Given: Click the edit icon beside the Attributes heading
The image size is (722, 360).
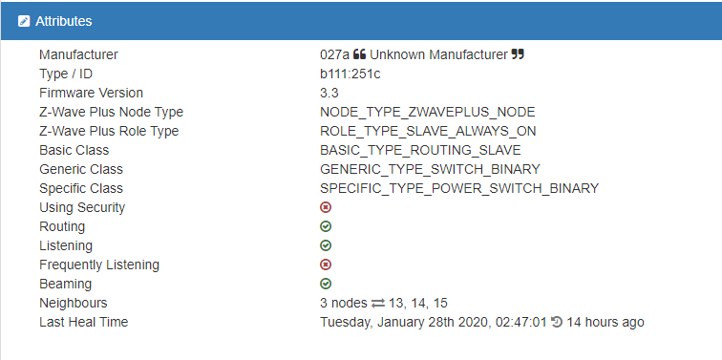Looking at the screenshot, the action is click(24, 21).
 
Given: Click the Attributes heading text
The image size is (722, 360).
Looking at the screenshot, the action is click(64, 21).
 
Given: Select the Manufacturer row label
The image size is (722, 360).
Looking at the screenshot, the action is click(78, 54).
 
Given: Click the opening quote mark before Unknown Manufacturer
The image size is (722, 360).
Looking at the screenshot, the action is click(360, 54).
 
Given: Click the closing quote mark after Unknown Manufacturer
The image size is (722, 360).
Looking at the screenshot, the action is click(518, 54).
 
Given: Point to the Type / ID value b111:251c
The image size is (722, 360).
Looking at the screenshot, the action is click(350, 74).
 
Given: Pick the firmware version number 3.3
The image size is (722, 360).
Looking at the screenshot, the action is click(329, 93).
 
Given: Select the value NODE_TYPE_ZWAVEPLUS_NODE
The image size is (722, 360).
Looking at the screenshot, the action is click(427, 112).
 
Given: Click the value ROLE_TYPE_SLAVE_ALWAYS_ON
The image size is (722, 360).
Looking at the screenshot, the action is click(428, 131).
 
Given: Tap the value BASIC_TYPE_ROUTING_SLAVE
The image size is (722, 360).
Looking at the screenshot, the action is click(420, 150).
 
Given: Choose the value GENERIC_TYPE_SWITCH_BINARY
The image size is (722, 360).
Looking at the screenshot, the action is click(430, 169).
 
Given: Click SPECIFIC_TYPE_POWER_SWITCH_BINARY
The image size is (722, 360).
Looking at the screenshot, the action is click(459, 188).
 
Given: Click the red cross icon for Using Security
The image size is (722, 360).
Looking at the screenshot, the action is click(326, 207).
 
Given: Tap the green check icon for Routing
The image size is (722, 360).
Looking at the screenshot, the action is click(326, 226).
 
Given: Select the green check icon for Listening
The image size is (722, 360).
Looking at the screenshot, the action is click(326, 245).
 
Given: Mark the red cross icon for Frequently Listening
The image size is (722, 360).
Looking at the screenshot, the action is click(326, 265).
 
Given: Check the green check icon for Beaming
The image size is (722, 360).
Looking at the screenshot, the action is click(326, 284).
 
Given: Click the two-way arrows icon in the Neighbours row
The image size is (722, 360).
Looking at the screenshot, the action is click(378, 304).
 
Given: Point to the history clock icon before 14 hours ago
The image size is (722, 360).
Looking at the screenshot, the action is click(557, 322).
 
